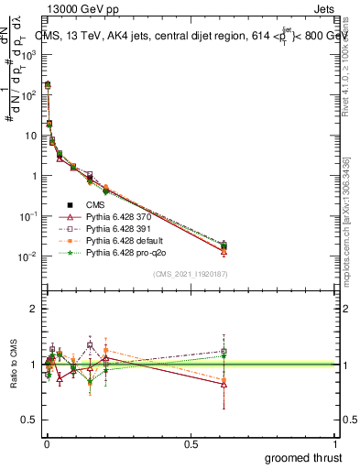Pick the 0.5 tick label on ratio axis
tap(28, 420)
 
